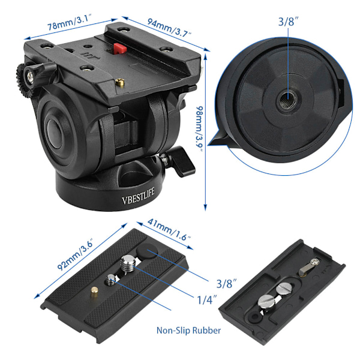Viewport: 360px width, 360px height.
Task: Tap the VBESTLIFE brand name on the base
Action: pyautogui.click(x=138, y=196)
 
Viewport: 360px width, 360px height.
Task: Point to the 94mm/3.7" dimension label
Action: pyautogui.click(x=169, y=28)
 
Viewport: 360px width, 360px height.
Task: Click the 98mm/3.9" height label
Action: pyautogui.click(x=199, y=129)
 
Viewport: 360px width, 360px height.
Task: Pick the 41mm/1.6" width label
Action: pyautogui.click(x=169, y=230)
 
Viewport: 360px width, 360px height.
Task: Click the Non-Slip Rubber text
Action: pyautogui.click(x=188, y=331)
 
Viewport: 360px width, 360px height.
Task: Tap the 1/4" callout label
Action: pyautogui.click(x=207, y=299)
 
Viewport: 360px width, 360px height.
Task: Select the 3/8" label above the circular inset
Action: pyautogui.click(x=289, y=22)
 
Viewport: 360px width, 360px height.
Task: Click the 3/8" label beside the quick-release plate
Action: pyautogui.click(x=226, y=284)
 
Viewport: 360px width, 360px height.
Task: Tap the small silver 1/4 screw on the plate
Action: pyautogui.click(x=111, y=280)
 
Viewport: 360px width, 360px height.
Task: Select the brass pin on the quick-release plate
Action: pyautogui.click(x=94, y=292)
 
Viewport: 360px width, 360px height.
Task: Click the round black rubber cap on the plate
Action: pyautogui.click(x=147, y=251)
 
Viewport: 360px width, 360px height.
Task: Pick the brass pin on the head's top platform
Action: pyautogui.click(x=120, y=82)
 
